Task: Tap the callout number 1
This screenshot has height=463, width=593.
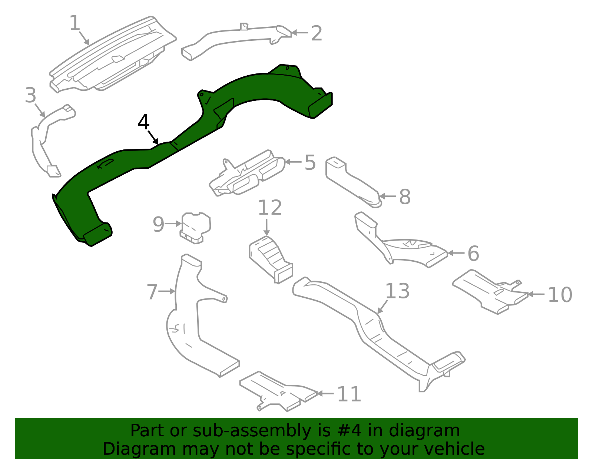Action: coord(75,23)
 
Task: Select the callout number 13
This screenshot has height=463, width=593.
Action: coord(397,291)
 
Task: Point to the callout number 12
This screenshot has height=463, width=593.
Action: coord(270,208)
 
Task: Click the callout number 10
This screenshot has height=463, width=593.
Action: coord(560,295)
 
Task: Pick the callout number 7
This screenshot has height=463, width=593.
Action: coord(152,292)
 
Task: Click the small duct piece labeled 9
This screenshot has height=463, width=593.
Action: coord(196,227)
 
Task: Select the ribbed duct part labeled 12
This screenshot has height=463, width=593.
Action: coord(271,258)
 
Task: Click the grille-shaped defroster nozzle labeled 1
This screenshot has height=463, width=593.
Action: coord(111,56)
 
